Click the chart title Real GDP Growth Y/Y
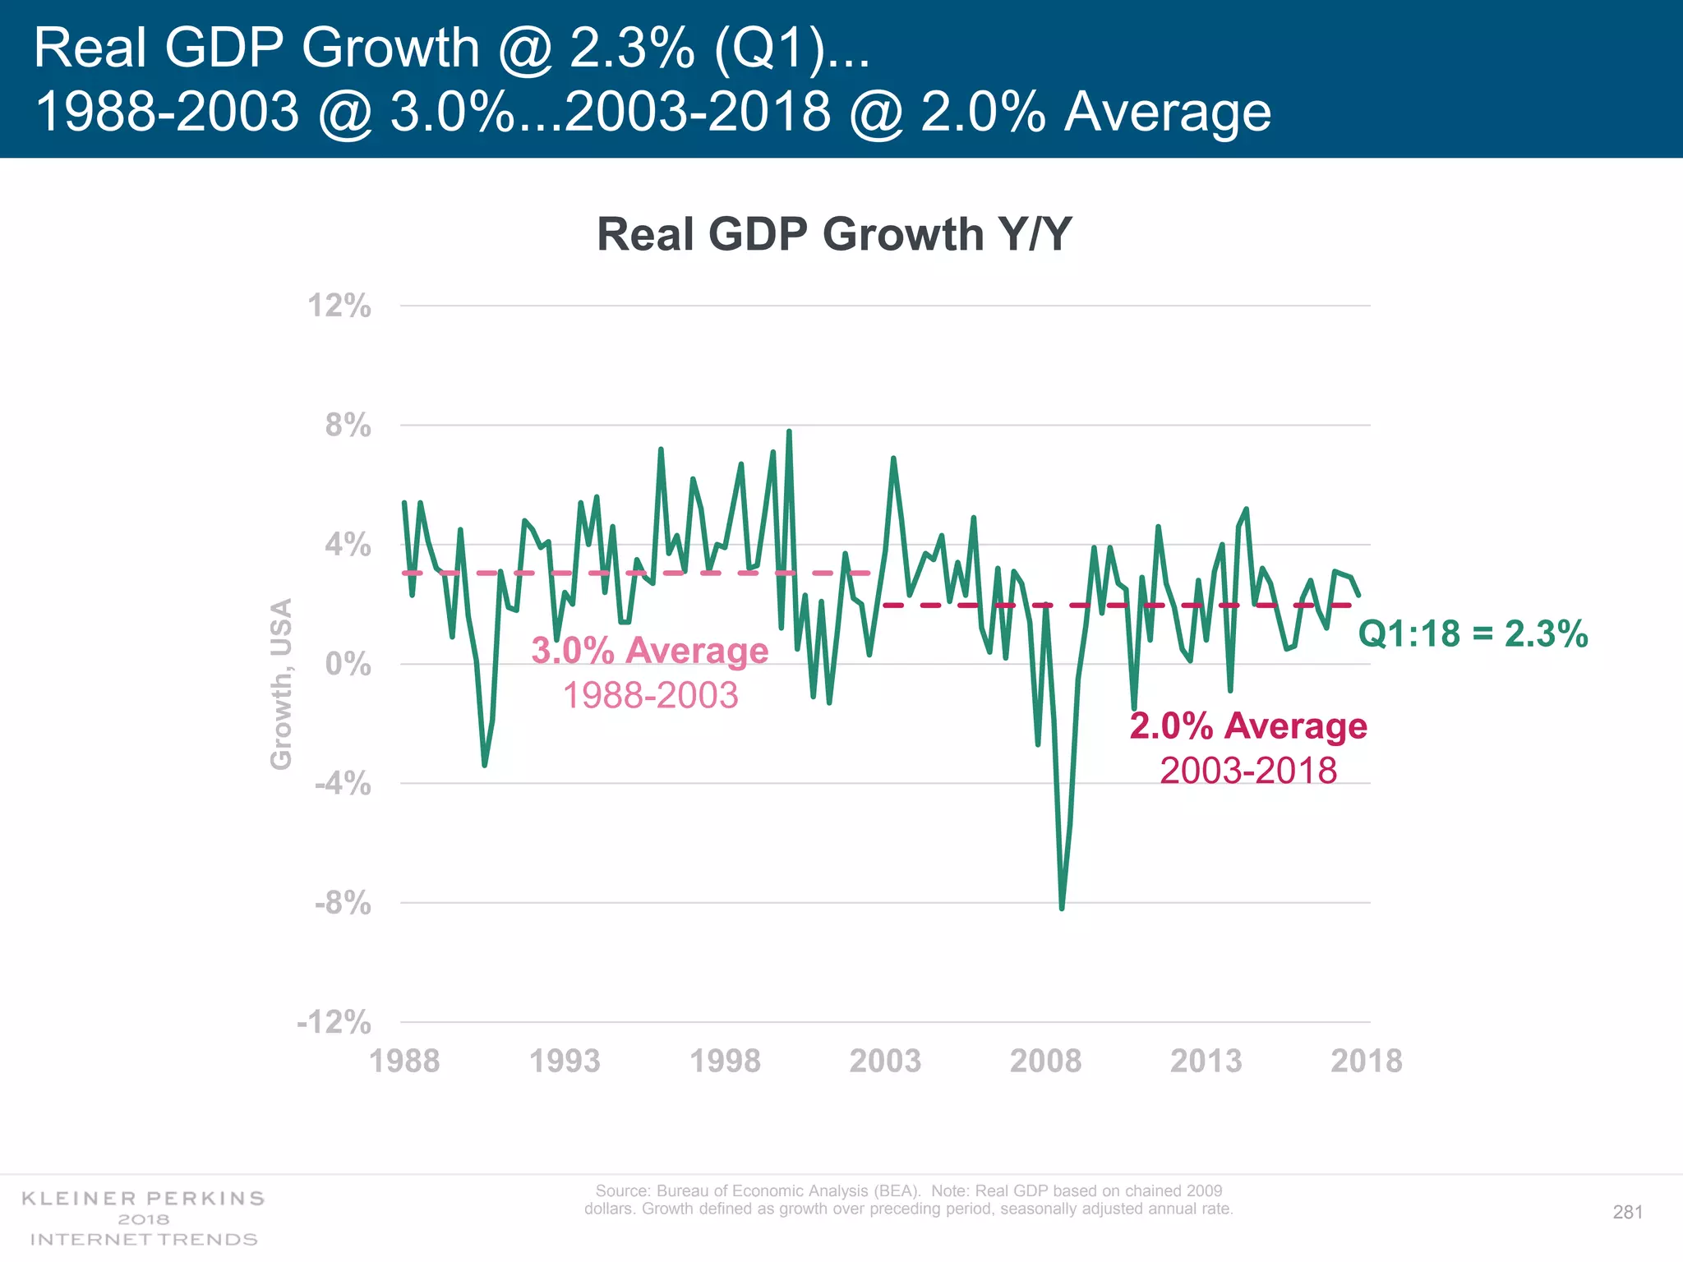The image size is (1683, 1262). point(834,234)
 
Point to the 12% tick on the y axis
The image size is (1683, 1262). point(339,306)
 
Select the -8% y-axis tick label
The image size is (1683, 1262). point(343,904)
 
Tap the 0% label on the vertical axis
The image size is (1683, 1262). point(348,664)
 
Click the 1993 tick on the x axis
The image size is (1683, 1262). point(565,1061)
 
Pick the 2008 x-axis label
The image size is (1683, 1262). point(1045,1061)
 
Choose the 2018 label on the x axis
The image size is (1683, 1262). point(1366,1061)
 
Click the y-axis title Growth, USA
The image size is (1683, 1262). point(281,684)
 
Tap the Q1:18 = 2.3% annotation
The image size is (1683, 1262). point(1473,633)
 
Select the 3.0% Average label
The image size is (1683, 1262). point(649,651)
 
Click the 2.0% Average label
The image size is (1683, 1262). point(1247,726)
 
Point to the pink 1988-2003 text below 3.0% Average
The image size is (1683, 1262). point(650,696)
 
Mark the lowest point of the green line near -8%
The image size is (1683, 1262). point(1062,908)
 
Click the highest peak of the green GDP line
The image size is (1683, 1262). point(789,431)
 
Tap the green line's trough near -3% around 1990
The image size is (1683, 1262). point(485,765)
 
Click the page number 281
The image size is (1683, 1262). point(1627,1213)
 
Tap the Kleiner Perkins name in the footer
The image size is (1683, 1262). point(143,1199)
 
